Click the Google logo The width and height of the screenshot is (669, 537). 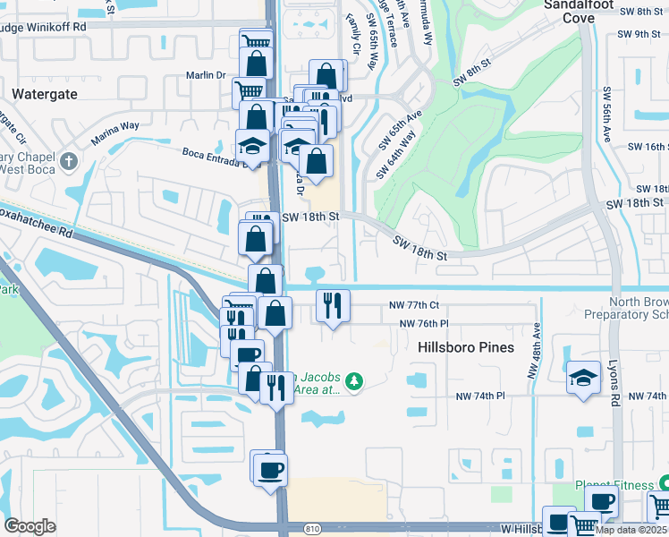[x=30, y=526]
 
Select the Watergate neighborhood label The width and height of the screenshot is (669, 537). [x=43, y=93]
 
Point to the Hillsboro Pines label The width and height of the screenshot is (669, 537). [x=466, y=346]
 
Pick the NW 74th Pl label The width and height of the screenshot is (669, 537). [x=480, y=396]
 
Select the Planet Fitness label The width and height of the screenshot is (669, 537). [x=615, y=485]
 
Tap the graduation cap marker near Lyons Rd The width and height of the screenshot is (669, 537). [x=583, y=377]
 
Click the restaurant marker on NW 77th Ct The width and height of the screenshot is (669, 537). [x=333, y=305]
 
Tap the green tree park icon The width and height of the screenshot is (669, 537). [x=355, y=382]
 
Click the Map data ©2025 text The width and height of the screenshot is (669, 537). [x=631, y=530]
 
